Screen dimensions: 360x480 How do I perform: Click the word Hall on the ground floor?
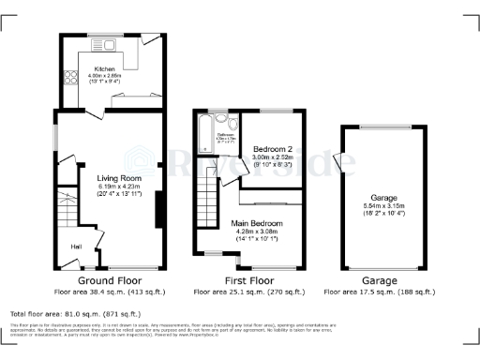coord(76,247)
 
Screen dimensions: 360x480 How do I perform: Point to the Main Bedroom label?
coord(261,223)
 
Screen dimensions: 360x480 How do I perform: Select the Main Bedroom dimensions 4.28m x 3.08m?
coord(261,232)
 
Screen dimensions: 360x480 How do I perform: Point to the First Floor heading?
coord(247,280)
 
